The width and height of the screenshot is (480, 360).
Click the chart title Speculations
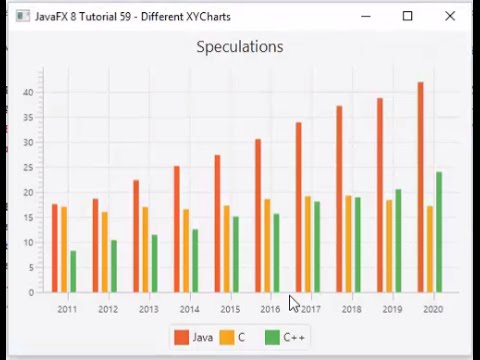tap(239, 47)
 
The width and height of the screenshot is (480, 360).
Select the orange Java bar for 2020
tap(420, 187)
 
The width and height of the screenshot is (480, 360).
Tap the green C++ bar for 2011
tap(73, 271)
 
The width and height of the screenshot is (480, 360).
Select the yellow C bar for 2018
tap(348, 243)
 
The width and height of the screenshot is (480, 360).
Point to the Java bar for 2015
tap(217, 223)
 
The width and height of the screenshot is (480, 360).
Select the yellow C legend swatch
tap(227, 337)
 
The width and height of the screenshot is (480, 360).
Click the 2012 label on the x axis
tap(108, 309)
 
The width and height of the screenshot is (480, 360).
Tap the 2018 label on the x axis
tap(351, 309)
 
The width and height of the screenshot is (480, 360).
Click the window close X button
tap(450, 16)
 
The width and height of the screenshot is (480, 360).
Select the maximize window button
tap(407, 16)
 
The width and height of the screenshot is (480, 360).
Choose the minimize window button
tap(365, 16)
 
